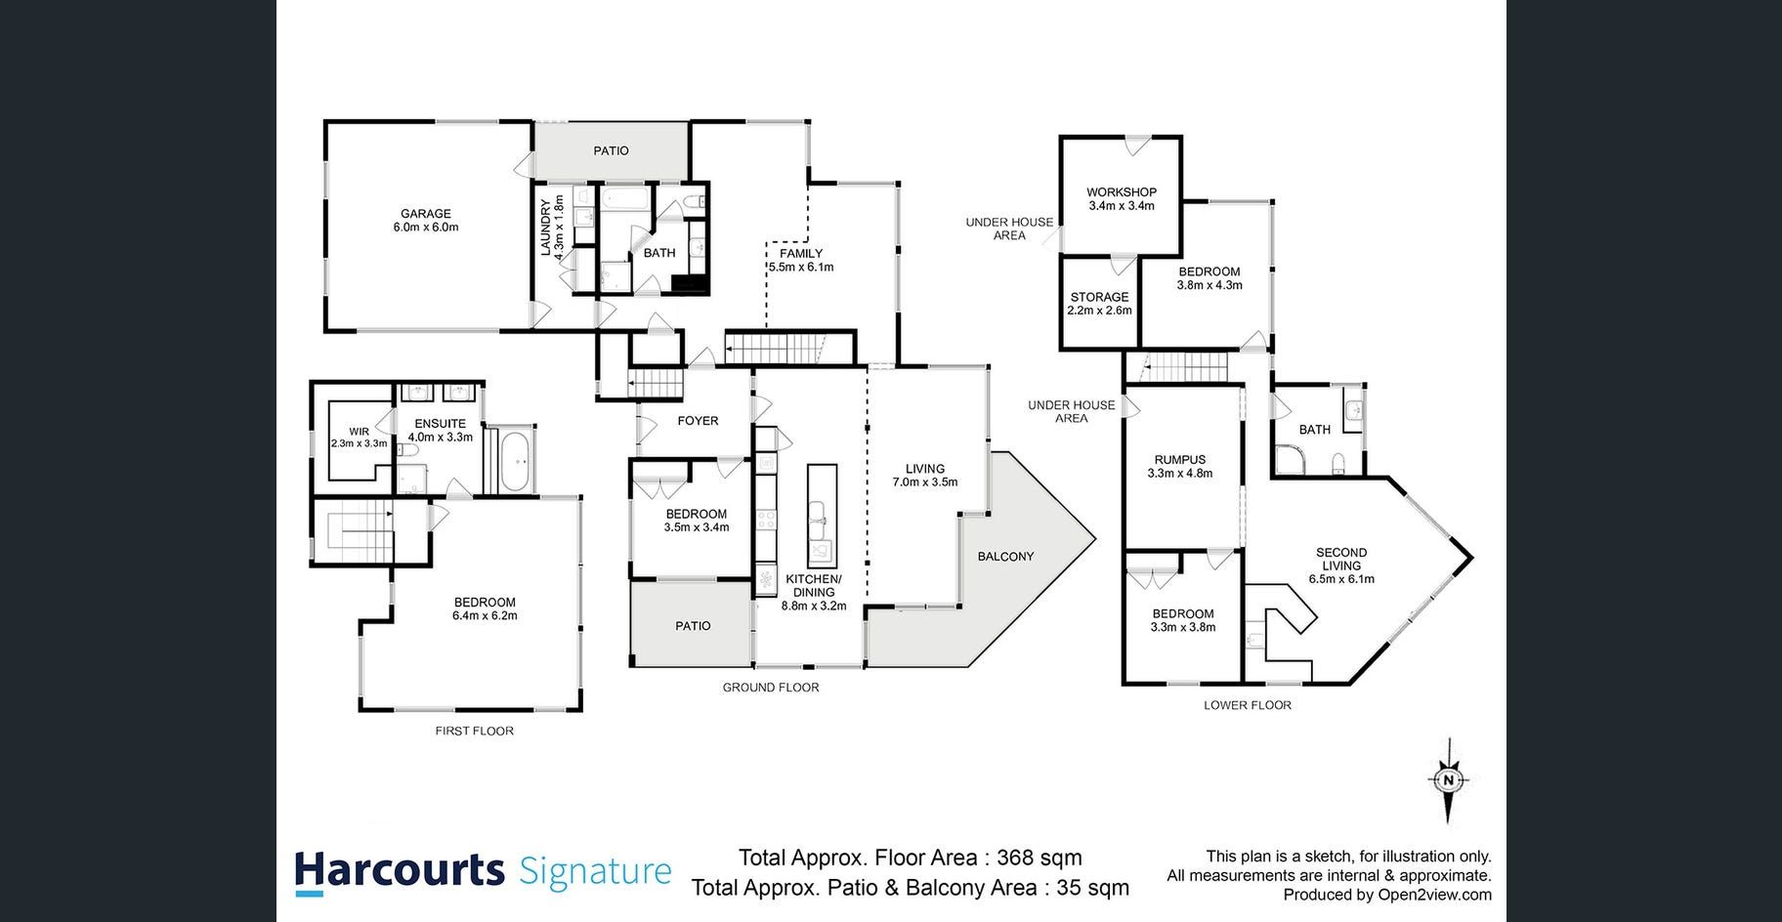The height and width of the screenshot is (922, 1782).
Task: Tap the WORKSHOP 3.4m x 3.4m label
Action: pyautogui.click(x=1122, y=199)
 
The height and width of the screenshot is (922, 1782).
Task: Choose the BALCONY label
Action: pyautogui.click(x=1005, y=557)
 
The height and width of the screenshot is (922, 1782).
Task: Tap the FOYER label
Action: pyautogui.click(x=698, y=421)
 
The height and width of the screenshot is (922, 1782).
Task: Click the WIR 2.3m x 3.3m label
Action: pyautogui.click(x=359, y=437)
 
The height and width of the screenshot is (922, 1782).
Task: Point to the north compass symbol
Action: pyautogui.click(x=1449, y=780)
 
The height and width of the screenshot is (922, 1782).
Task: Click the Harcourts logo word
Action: pyautogui.click(x=400, y=871)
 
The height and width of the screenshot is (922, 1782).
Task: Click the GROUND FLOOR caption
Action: pyautogui.click(x=771, y=688)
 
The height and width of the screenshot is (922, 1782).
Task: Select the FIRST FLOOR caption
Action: pyautogui.click(x=474, y=731)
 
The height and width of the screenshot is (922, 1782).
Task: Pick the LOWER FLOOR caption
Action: pyautogui.click(x=1248, y=705)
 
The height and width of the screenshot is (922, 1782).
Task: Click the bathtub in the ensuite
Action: pyautogui.click(x=516, y=465)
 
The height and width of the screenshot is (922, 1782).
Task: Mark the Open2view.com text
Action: pyautogui.click(x=1434, y=895)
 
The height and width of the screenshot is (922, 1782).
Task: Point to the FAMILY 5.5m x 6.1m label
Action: pyautogui.click(x=801, y=260)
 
